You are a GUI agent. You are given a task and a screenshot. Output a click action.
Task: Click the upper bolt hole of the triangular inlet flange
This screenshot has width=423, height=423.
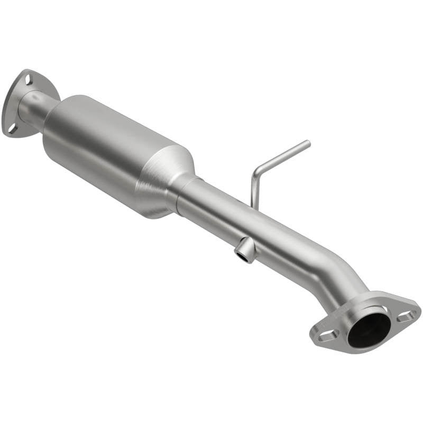coord(28,80)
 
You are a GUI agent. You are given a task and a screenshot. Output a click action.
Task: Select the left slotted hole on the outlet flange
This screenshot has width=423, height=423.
coord(327,335)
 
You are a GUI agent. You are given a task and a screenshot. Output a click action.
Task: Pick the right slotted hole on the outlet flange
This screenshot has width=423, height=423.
coord(406,317)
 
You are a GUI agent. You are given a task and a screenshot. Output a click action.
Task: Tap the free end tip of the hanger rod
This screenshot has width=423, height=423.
coord(308,142)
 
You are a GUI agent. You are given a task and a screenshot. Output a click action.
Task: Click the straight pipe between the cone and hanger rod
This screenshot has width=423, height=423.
coord(217,206)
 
